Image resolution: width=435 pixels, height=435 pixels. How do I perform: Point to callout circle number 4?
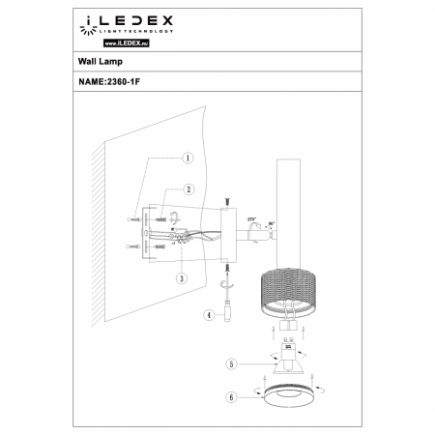point(208,314)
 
